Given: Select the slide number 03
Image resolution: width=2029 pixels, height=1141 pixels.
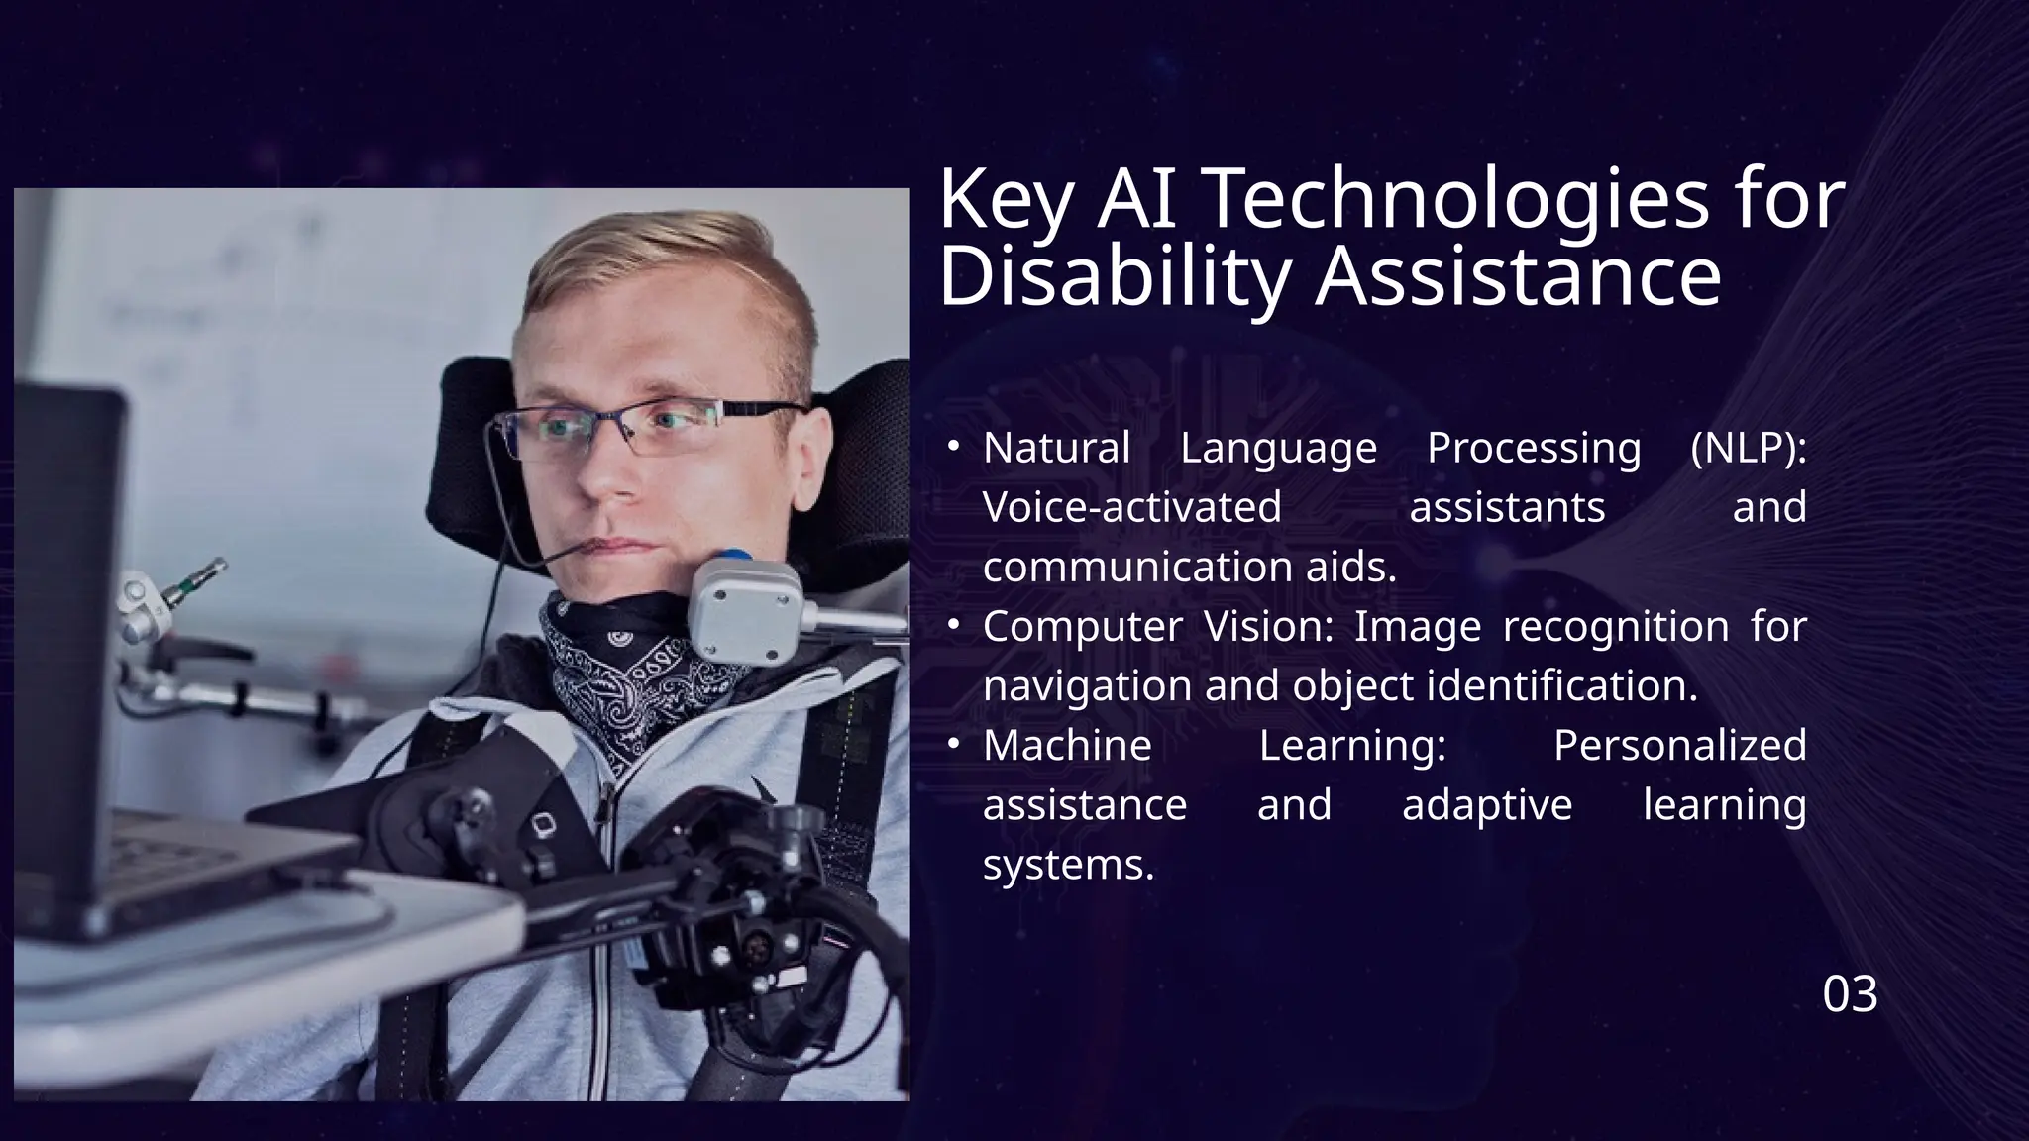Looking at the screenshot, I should coord(1850,994).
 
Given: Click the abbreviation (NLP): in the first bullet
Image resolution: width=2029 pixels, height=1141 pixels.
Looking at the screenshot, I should coord(1748,449).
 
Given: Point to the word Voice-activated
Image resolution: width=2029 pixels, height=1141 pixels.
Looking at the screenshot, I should coord(1132,508).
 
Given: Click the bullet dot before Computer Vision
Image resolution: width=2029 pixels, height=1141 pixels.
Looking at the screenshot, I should coord(952,627).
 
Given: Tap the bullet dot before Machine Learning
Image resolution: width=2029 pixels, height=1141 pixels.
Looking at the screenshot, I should coord(952,745).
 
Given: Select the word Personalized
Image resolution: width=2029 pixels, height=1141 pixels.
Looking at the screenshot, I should coord(1679,746).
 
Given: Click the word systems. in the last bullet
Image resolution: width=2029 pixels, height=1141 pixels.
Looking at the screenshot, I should coord(1068,865).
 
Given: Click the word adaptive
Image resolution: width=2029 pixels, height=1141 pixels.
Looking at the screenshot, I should coord(1487,805).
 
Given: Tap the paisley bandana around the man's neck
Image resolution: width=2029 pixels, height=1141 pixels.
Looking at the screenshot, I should coord(634,664).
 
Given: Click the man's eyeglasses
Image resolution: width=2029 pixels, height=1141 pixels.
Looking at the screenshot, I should coord(634,426).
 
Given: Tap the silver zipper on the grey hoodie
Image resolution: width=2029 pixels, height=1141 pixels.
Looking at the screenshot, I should coord(604,891).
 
